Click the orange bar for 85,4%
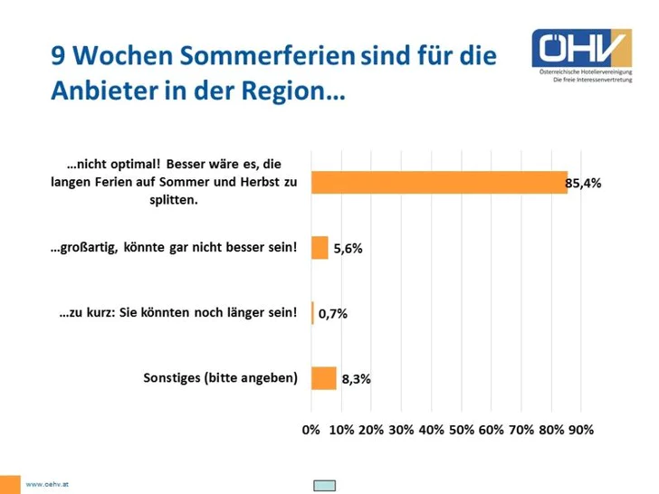[x=439, y=182]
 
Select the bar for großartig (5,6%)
[x=320, y=248]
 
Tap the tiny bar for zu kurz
[x=312, y=313]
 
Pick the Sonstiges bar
[x=323, y=378]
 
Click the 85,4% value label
[x=583, y=184]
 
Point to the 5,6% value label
[x=348, y=249]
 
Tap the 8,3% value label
[x=355, y=380]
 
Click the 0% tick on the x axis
[x=310, y=430]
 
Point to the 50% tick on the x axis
[x=461, y=430]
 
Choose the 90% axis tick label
[x=580, y=430]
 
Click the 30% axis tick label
[x=401, y=430]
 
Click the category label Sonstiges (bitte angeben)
[x=221, y=378]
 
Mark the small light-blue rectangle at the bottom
[x=324, y=486]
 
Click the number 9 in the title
[x=58, y=56]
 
